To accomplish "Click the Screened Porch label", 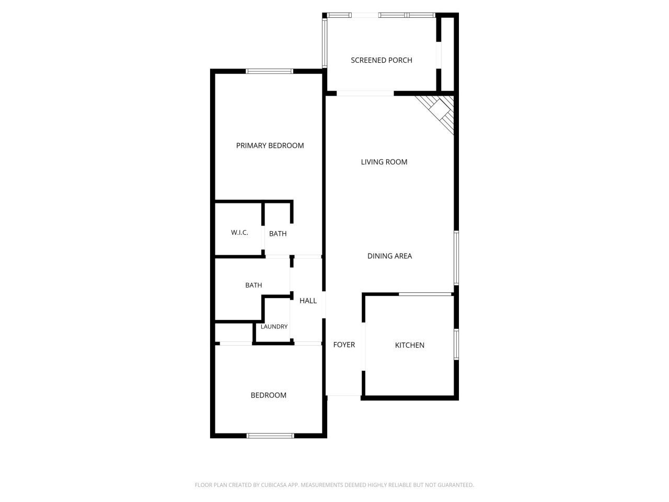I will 381,60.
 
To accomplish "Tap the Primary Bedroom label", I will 270,145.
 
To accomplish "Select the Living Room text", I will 384,162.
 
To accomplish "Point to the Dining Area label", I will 389,256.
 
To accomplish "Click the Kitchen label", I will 409,345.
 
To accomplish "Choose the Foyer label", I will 344,345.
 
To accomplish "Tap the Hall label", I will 308,301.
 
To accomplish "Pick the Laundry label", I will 274,327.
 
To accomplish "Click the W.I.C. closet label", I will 239,233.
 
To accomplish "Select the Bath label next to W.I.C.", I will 278,234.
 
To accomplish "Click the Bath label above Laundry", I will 253,285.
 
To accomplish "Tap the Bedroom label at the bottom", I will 268,395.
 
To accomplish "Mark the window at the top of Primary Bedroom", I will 270,71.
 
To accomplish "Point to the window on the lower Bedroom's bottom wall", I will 270,435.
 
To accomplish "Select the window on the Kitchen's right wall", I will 456,344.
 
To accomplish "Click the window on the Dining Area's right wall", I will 456,258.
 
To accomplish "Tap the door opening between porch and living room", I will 365,94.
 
